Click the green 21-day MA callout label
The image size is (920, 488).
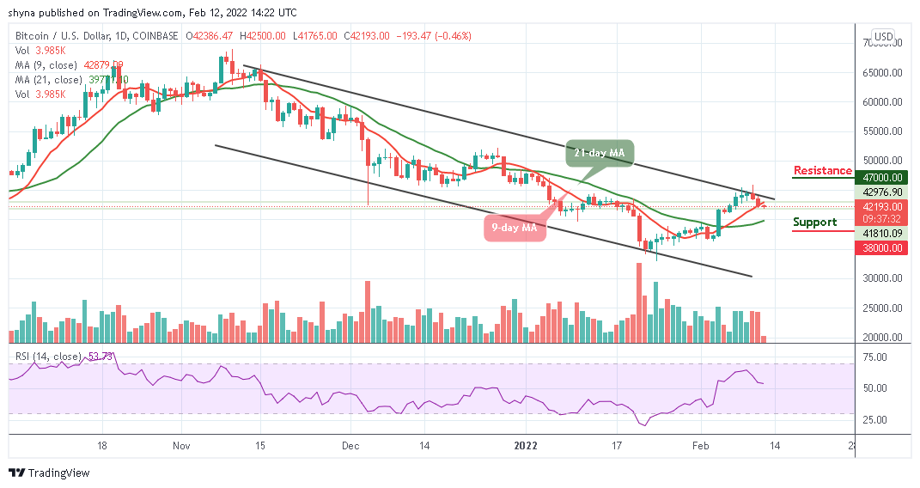(x=600, y=153)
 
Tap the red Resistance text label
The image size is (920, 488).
(x=822, y=171)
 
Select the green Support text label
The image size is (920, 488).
(x=815, y=223)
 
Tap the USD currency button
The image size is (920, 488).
(x=883, y=37)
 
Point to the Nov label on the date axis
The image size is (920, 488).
(x=180, y=446)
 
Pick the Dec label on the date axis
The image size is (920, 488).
(x=350, y=446)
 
